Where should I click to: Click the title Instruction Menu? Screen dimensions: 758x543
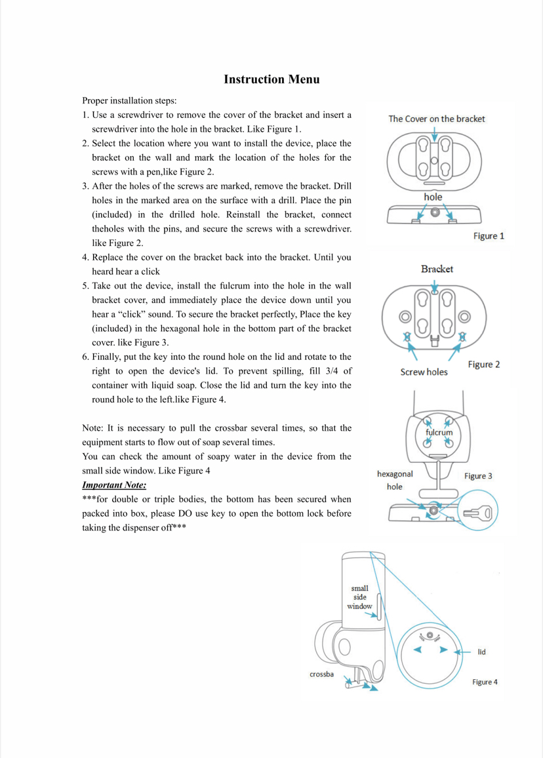pyautogui.click(x=271, y=79)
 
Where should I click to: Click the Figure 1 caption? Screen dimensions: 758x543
pyautogui.click(x=489, y=236)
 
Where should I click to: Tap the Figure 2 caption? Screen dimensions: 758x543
pyautogui.click(x=484, y=365)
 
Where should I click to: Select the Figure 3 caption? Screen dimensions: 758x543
pyautogui.click(x=478, y=475)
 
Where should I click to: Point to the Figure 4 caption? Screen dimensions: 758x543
pyautogui.click(x=485, y=682)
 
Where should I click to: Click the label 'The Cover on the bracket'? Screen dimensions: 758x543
pyautogui.click(x=437, y=119)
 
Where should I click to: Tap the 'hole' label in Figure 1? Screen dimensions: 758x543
pyautogui.click(x=433, y=197)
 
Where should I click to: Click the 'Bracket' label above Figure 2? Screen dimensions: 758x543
pyautogui.click(x=437, y=269)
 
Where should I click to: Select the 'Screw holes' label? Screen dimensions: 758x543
pyautogui.click(x=424, y=372)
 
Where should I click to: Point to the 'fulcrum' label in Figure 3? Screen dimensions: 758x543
pyautogui.click(x=439, y=433)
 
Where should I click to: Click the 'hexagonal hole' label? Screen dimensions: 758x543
pyautogui.click(x=395, y=480)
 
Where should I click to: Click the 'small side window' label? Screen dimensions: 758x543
pyautogui.click(x=360, y=597)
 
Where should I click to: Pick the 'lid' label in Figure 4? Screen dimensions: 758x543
pyautogui.click(x=481, y=652)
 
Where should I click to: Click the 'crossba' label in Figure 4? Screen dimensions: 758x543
pyautogui.click(x=323, y=674)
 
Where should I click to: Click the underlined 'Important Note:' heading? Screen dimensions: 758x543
pyautogui.click(x=114, y=485)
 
